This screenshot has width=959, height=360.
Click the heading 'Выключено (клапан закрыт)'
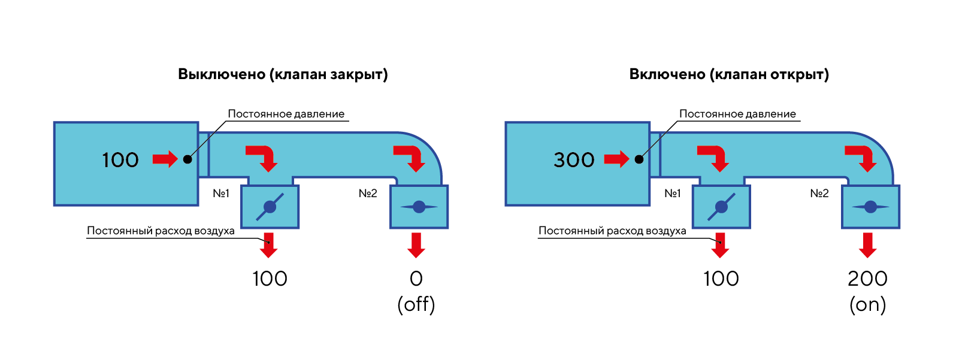click(283, 74)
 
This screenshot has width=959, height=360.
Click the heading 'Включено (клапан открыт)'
click(729, 74)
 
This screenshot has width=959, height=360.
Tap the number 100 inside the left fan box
click(120, 160)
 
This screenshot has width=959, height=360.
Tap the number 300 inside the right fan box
click(574, 160)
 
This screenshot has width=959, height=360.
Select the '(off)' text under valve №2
click(416, 304)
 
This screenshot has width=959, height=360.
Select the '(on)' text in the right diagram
click(867, 304)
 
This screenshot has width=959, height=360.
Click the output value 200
click(867, 279)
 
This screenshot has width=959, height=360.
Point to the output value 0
click(416, 279)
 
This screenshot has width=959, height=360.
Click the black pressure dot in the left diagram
click(187, 159)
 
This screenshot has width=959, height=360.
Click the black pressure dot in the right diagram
click(639, 159)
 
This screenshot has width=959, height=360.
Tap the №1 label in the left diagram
click(221, 193)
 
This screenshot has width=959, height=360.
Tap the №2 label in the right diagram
click(819, 193)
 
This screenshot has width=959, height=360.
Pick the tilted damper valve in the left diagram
click(270, 207)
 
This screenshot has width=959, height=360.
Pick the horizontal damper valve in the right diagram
click(870, 207)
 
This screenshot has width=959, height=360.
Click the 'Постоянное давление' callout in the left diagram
click(286, 114)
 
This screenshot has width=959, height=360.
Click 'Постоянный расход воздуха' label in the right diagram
click(612, 231)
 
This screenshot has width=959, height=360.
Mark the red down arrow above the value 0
click(416, 244)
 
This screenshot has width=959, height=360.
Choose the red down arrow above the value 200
click(867, 244)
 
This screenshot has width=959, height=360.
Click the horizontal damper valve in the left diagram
click(419, 207)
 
